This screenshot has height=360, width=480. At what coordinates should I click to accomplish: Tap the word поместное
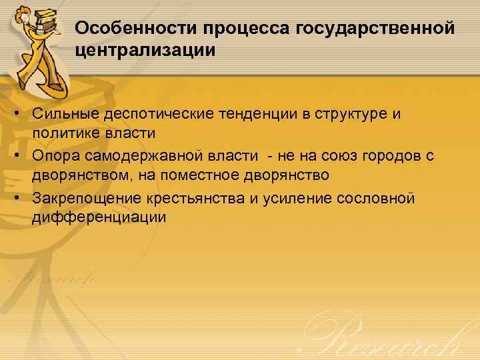coord(195,177)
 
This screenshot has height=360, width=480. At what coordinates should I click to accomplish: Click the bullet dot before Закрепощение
coord(22,198)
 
